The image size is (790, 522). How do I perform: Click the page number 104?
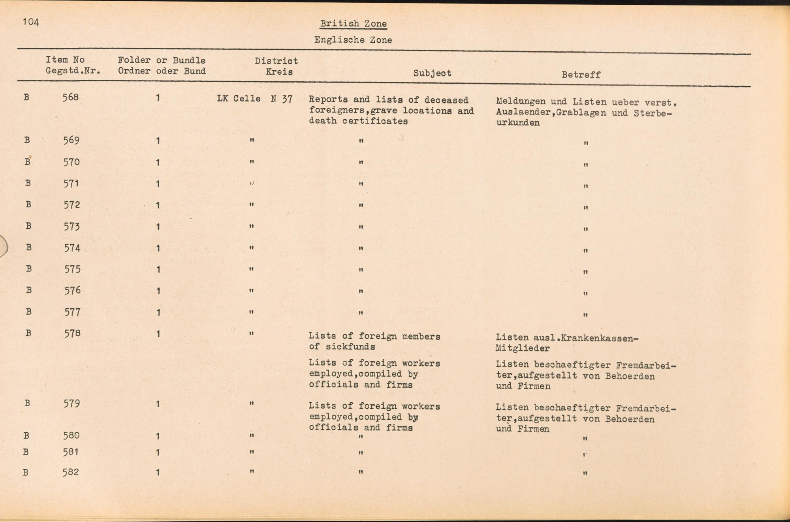[x=31, y=22]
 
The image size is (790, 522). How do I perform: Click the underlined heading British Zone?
[x=353, y=24]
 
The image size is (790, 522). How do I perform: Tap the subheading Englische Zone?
[x=353, y=40]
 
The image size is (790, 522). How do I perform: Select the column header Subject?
[x=432, y=73]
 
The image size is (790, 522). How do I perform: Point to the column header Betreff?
[x=581, y=75]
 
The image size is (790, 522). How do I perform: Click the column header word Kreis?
[x=279, y=72]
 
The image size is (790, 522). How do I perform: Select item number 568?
[x=71, y=97]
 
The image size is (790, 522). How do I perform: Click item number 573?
[x=72, y=226]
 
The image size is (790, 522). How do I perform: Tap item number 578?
[x=72, y=333]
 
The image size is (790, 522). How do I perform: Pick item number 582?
[x=71, y=472]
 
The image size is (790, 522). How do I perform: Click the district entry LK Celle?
[x=239, y=98]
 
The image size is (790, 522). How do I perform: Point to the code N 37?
[x=282, y=99]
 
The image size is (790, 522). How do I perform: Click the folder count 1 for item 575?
[x=158, y=270]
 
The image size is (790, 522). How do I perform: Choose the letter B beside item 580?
[x=26, y=436]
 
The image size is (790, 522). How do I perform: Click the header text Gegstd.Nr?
[x=73, y=71]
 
